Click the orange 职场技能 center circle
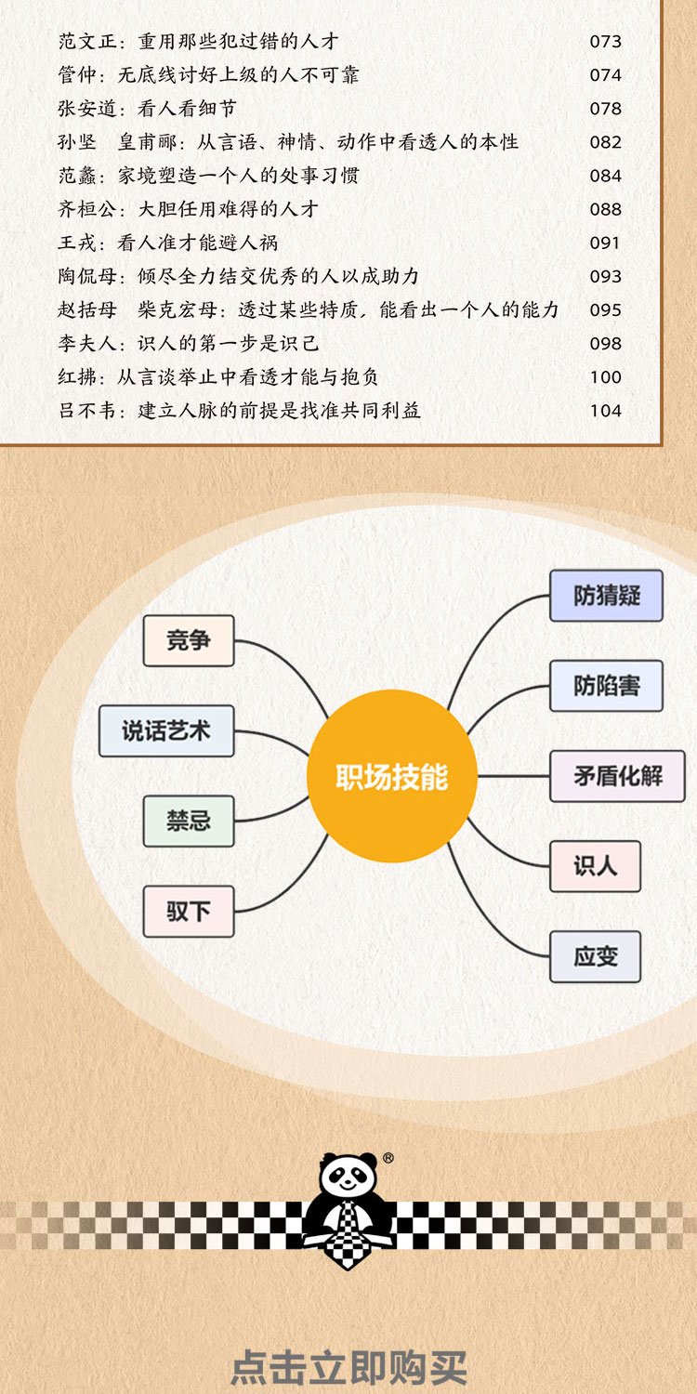click(392, 777)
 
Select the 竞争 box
click(189, 640)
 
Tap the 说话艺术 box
click(166, 730)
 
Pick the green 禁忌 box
click(189, 821)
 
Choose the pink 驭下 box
click(189, 911)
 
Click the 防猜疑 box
click(606, 595)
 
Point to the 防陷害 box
click(606, 686)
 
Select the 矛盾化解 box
click(617, 776)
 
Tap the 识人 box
click(595, 866)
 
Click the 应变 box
click(595, 956)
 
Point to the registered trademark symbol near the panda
click(388, 1158)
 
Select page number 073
click(605, 42)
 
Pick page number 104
click(605, 411)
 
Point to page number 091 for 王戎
click(605, 243)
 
